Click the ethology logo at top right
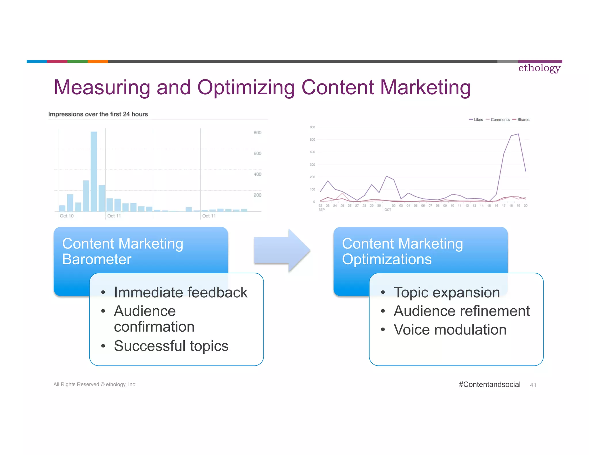(539, 68)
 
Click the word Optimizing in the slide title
(246, 87)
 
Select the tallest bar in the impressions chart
(94, 171)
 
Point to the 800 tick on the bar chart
(257, 133)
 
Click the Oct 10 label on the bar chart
(67, 216)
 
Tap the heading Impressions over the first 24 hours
(98, 114)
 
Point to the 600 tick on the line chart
(312, 127)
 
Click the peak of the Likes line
(518, 134)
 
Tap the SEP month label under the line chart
(322, 210)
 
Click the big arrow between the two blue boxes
(282, 250)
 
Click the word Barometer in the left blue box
(97, 259)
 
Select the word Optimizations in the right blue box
(387, 259)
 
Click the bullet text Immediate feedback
(181, 292)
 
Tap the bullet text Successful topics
(171, 346)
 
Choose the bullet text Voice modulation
(450, 330)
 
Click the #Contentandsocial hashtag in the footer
(489, 385)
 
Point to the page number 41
(533, 385)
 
